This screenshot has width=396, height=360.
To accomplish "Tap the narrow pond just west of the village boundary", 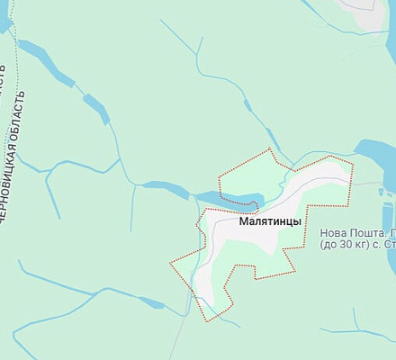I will (x=164, y=188).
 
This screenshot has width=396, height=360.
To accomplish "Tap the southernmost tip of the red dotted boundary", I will (x=208, y=320).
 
